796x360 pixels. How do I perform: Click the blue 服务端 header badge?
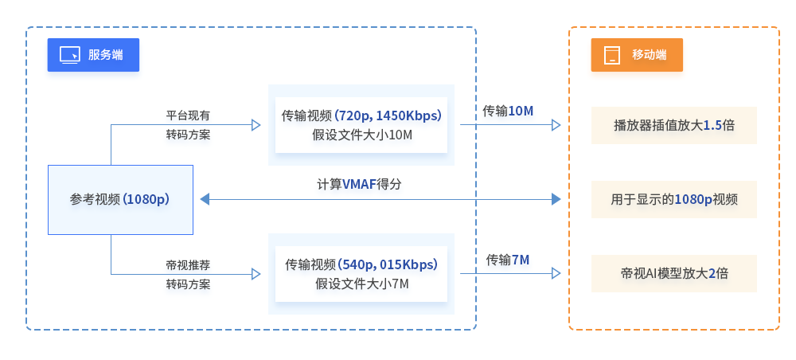point(93,55)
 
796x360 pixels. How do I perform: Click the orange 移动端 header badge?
point(637,55)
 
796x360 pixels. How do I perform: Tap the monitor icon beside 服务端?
point(69,55)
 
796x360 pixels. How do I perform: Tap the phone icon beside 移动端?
point(611,55)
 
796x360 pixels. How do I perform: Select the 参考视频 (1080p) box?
point(120,199)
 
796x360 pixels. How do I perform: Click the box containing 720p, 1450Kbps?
point(361,124)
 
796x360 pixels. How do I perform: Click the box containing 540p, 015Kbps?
point(361,273)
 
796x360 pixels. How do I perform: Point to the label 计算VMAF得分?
point(359,184)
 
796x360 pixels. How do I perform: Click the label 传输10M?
point(508,111)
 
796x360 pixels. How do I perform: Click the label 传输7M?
point(508,260)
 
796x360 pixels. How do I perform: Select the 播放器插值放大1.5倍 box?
point(673,125)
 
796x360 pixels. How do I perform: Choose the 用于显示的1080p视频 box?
point(673,199)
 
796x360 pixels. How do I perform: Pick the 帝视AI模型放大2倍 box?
point(673,273)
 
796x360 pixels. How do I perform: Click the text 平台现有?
point(188,115)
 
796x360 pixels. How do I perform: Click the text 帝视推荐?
point(188,264)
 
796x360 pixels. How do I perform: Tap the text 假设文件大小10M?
point(362,134)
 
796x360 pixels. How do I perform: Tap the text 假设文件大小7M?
point(362,283)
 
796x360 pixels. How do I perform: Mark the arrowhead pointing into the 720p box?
point(256,125)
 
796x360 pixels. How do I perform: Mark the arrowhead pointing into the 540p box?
point(256,274)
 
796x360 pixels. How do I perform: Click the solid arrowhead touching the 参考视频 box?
point(205,199)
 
